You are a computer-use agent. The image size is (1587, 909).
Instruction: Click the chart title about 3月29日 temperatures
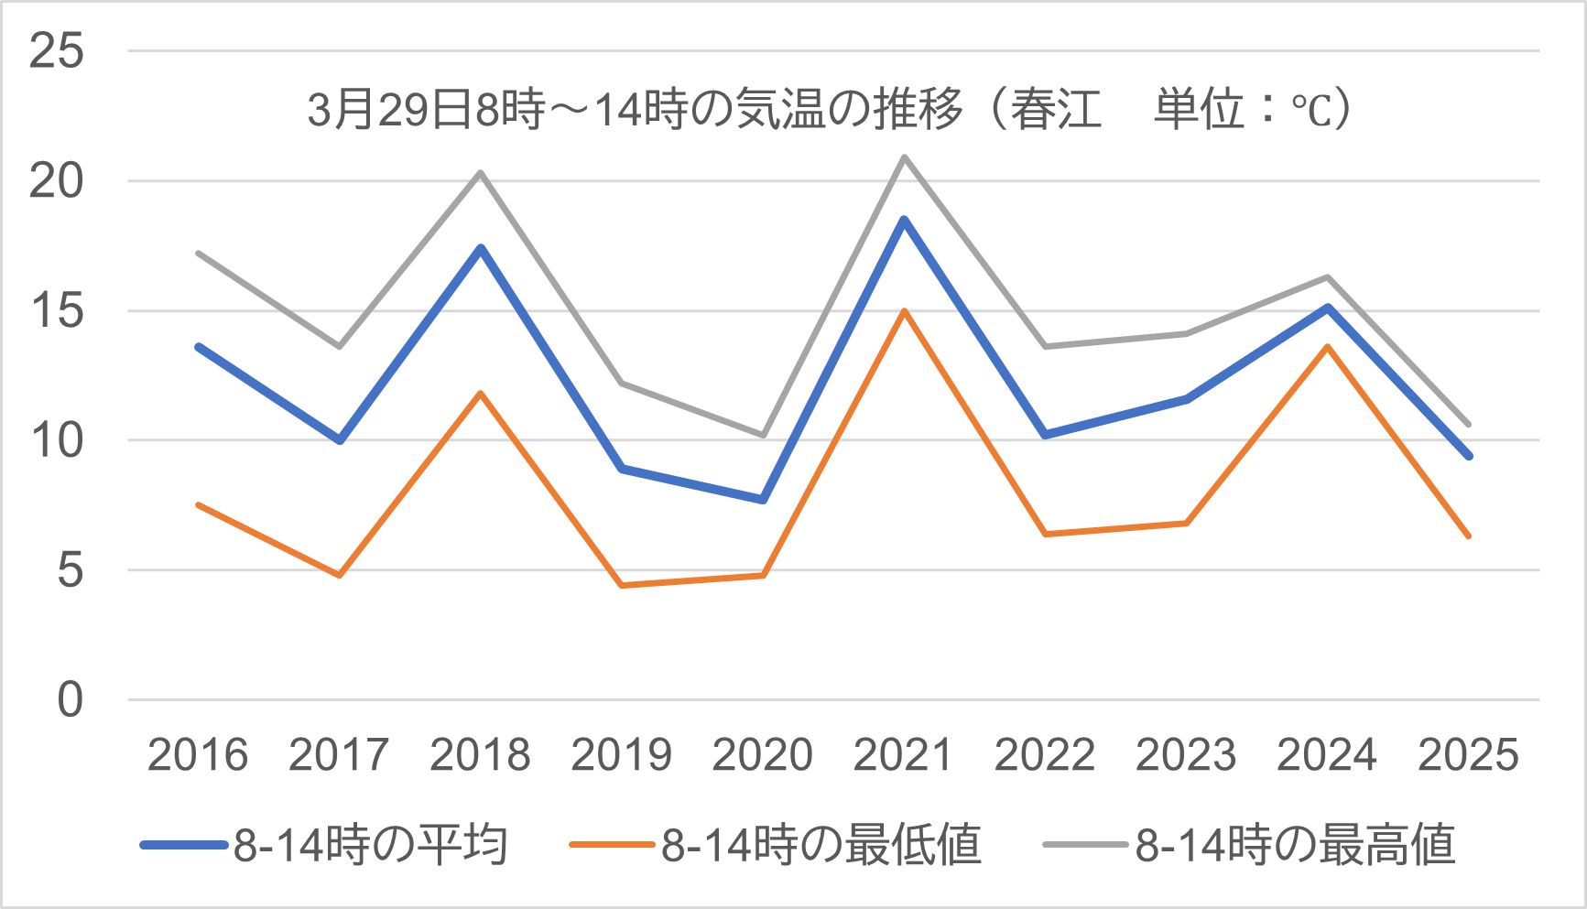coord(829,110)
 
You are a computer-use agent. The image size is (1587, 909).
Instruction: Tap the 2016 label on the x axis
coord(198,755)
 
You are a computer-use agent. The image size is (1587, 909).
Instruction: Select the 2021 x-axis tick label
coord(903,755)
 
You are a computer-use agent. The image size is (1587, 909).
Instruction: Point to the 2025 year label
coord(1468,755)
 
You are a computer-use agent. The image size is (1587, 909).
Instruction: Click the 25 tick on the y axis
coord(57,51)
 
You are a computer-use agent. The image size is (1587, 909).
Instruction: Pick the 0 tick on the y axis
coord(70,700)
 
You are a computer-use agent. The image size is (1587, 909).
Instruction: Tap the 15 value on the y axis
coord(57,311)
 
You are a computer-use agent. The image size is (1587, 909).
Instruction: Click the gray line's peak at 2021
coord(904,157)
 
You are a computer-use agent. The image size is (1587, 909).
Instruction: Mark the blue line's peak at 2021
coord(904,220)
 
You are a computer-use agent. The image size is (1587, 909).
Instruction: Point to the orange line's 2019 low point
coord(622,585)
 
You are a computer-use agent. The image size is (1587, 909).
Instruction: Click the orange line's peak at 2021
coord(904,311)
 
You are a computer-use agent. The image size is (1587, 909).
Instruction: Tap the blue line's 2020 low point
coord(763,500)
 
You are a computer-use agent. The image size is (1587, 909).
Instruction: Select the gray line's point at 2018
coord(481,172)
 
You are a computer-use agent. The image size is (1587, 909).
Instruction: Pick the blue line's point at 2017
coord(340,440)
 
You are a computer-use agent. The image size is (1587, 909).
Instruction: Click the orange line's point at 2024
coord(1327,346)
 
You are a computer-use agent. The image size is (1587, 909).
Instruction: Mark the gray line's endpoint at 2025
coord(1469,425)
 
